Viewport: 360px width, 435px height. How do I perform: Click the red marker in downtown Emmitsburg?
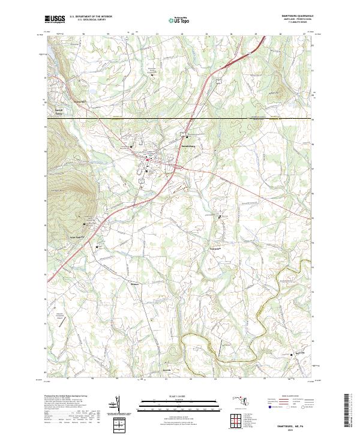point(147,159)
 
